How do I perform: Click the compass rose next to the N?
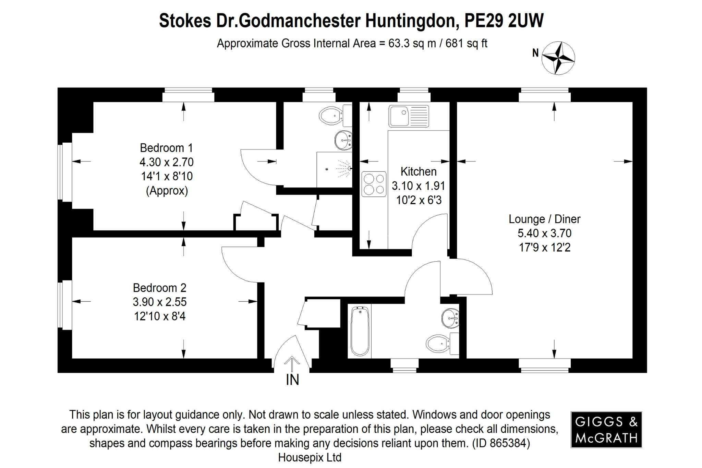click(558, 58)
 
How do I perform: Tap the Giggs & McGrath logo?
click(606, 430)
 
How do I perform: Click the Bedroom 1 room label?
click(167, 148)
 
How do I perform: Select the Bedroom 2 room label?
click(159, 288)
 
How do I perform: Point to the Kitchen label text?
click(419, 171)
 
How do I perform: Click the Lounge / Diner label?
click(544, 219)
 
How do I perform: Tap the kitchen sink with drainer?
click(409, 116)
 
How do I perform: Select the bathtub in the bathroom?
click(360, 331)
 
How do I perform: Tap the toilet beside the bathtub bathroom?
click(439, 343)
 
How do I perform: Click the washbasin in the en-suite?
click(343, 140)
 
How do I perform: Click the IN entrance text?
click(292, 380)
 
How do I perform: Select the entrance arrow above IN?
click(292, 363)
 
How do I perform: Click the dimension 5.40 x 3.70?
click(544, 233)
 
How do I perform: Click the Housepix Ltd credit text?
click(310, 457)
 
